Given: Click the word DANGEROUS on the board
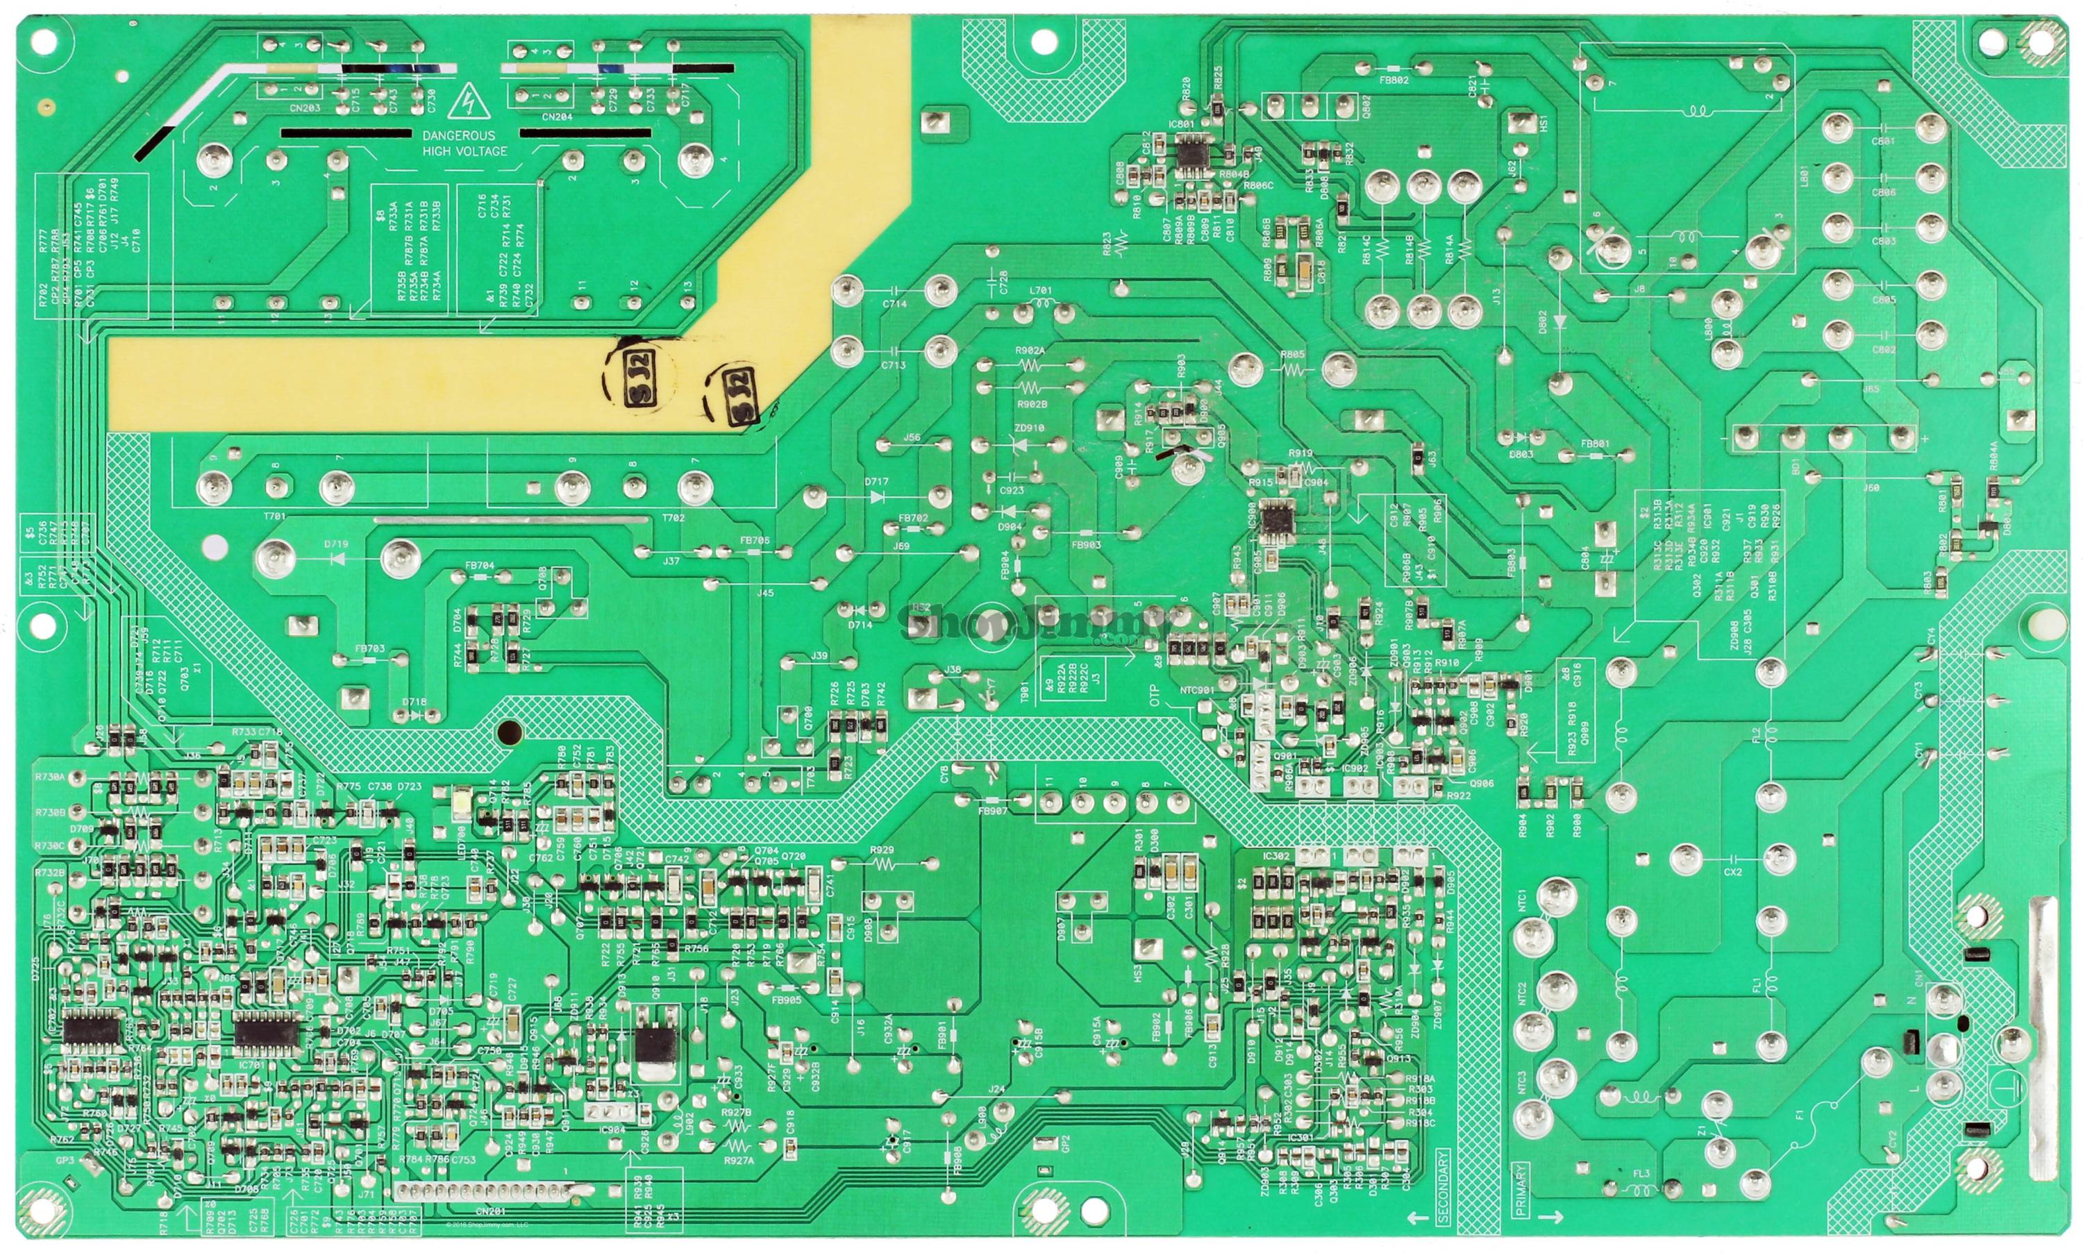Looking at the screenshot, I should pos(458,135).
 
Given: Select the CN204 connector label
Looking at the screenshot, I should pos(556,117).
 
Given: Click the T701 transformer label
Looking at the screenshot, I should pos(274,516).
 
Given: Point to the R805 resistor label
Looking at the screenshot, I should pos(1292,355).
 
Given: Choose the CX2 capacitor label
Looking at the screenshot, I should pos(1732,872).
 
